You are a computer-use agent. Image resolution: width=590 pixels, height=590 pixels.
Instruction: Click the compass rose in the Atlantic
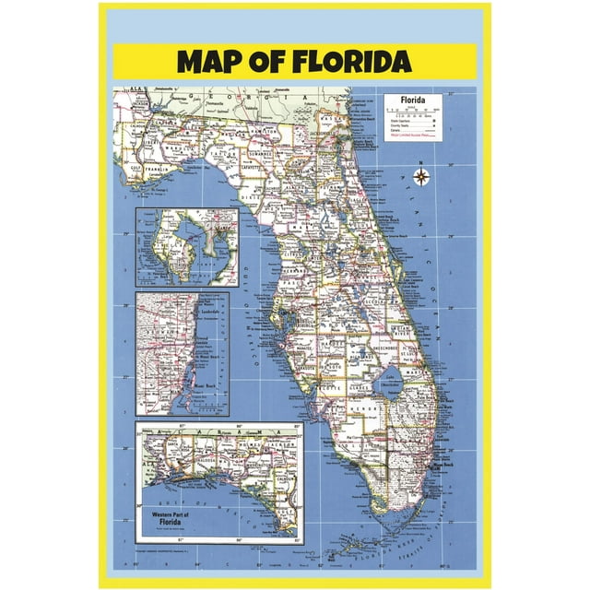[420, 176]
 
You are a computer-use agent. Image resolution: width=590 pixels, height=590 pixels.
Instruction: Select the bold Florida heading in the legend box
[413, 99]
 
